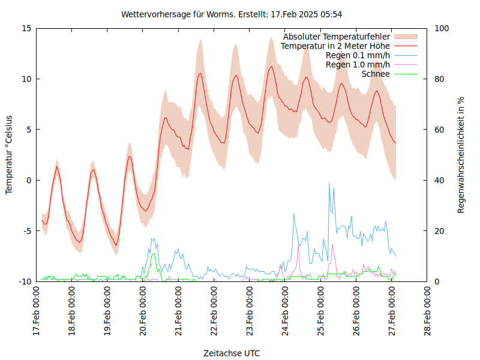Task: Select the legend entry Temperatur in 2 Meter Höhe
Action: (x=335, y=46)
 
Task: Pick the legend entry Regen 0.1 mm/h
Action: (x=358, y=55)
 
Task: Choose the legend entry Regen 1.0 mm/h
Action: (x=358, y=65)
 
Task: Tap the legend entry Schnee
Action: (x=376, y=74)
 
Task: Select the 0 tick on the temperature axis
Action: (x=29, y=180)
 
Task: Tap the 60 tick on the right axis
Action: (x=439, y=130)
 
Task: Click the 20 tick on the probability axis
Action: (x=439, y=231)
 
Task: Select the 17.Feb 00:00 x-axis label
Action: (x=37, y=312)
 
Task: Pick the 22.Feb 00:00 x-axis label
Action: (x=214, y=312)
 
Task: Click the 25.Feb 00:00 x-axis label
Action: (x=321, y=312)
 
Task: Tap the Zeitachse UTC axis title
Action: (x=232, y=353)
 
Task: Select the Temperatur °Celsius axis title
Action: (x=9, y=155)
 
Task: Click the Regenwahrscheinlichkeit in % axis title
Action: (x=461, y=155)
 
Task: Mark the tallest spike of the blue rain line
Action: (x=329, y=184)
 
